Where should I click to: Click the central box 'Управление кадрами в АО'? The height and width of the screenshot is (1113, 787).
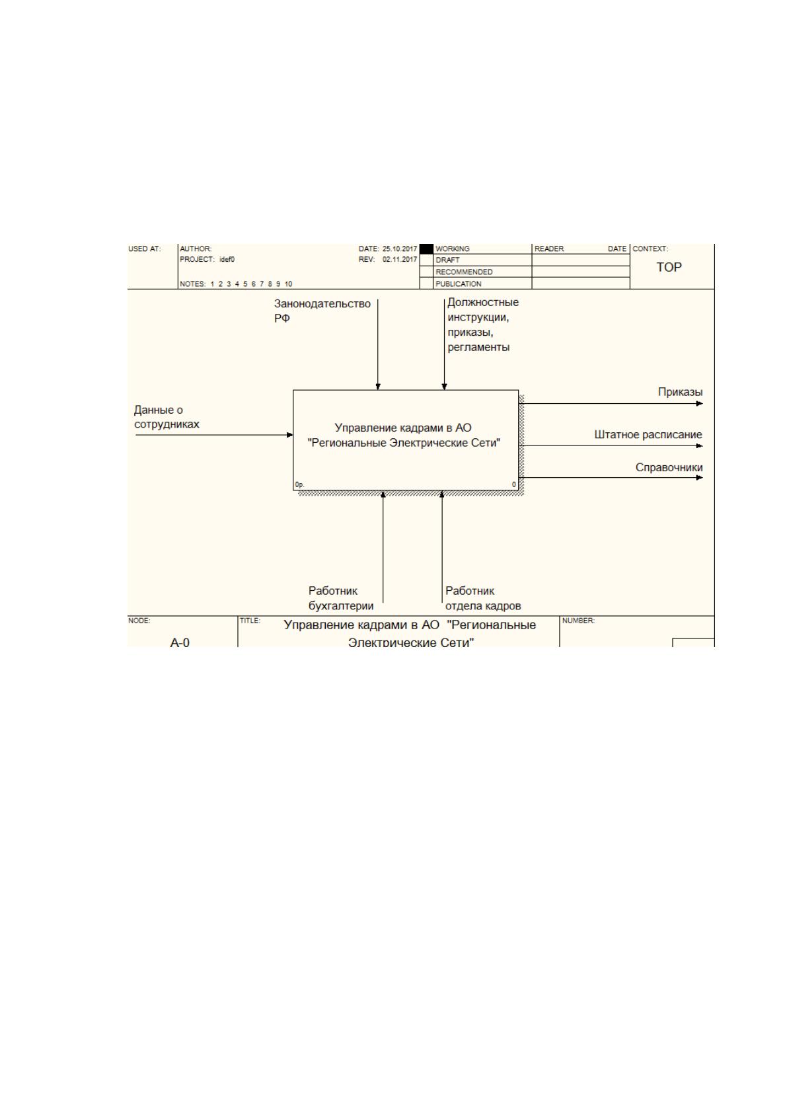tap(406, 440)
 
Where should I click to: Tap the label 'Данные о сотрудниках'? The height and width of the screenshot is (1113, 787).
tap(167, 417)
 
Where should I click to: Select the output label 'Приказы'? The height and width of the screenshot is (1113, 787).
tap(680, 392)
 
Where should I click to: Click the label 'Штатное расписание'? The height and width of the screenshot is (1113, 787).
tap(648, 435)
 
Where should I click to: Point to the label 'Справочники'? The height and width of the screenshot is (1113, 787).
tap(669, 467)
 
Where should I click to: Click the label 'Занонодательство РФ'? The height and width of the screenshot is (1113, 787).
tap(322, 311)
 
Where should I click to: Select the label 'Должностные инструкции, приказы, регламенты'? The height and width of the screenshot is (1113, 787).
tap(483, 325)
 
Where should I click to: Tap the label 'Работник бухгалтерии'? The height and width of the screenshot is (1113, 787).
tap(341, 598)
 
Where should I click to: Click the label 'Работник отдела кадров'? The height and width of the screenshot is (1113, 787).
tap(483, 598)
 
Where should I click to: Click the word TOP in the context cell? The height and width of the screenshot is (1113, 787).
tap(669, 267)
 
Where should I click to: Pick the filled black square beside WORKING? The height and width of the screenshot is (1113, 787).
tap(426, 249)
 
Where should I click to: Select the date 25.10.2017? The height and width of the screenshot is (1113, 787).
tap(400, 249)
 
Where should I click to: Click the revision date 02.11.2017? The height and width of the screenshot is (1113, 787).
tap(400, 259)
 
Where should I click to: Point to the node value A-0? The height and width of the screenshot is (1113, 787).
tap(179, 642)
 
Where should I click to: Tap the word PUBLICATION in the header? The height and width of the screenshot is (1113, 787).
tap(458, 284)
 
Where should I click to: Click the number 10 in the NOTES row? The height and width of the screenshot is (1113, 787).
tap(288, 284)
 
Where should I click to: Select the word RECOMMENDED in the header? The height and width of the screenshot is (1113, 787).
tap(464, 272)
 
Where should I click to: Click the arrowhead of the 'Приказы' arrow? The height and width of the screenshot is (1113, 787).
tap(700, 403)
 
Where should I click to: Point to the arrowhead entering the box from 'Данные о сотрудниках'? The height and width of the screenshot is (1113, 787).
tap(289, 435)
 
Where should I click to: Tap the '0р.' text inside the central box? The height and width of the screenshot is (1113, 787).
tap(299, 484)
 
